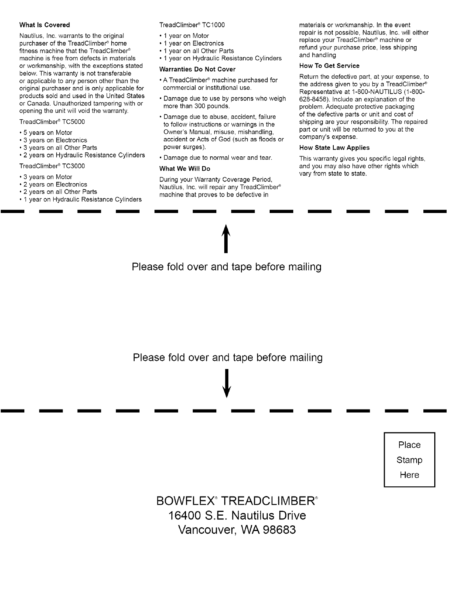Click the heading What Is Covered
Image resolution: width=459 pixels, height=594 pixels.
(44, 25)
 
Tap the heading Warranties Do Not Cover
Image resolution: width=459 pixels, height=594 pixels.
(197, 69)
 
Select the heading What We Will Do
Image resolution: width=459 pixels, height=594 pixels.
(184, 169)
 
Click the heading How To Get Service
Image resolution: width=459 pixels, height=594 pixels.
(329, 66)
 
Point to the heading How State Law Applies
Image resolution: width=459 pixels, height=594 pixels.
(334, 148)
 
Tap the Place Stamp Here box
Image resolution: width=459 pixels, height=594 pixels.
(409, 460)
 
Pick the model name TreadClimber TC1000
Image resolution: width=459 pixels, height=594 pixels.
(192, 25)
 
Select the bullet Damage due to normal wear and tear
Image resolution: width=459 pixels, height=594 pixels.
(217, 158)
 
